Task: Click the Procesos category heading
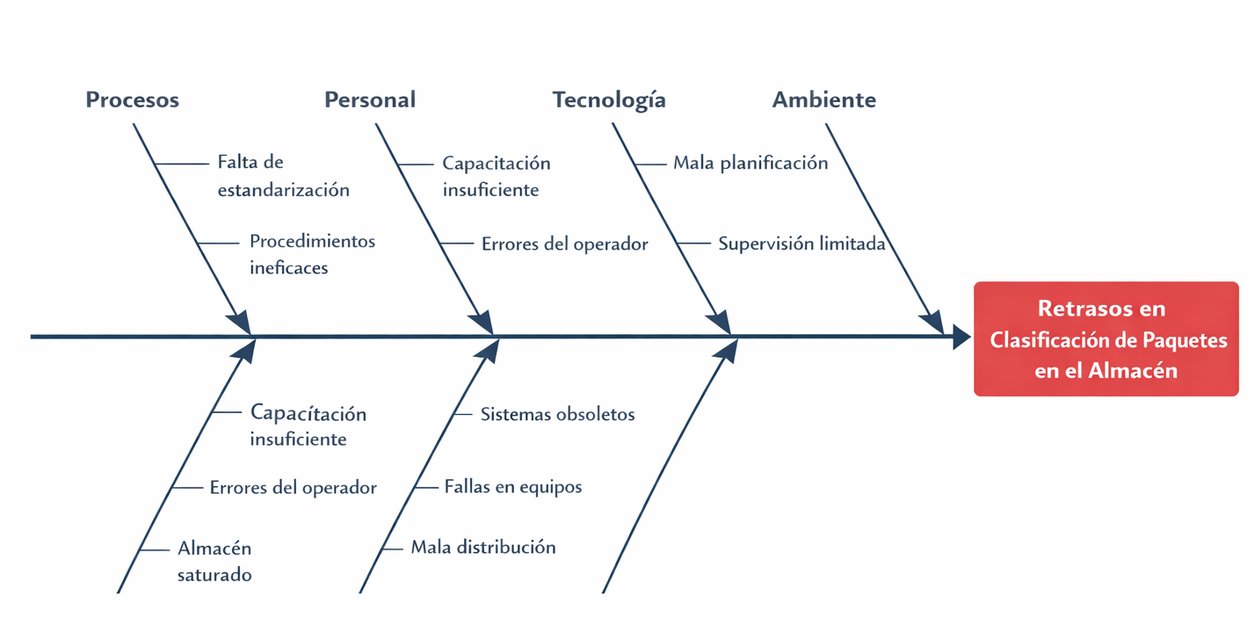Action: pos(132,100)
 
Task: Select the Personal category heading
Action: pos(370,100)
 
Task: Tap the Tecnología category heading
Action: pos(609,100)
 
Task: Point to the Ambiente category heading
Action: pos(823,100)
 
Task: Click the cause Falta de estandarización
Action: pos(283,176)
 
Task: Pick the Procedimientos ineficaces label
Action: pos(312,254)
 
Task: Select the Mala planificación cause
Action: pos(750,163)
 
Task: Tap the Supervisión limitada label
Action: pos(801,244)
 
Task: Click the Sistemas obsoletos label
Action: pos(557,414)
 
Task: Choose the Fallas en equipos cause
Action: pos(513,486)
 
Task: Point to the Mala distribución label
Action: pos(483,547)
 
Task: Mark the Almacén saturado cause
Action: pos(214,562)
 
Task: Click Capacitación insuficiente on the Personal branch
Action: pos(497,176)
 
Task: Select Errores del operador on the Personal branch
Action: pos(564,244)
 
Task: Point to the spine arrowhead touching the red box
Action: pos(962,337)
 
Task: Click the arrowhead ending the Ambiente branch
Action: pos(932,323)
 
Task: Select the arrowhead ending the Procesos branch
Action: pos(238,323)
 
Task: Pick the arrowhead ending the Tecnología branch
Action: pos(719,323)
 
